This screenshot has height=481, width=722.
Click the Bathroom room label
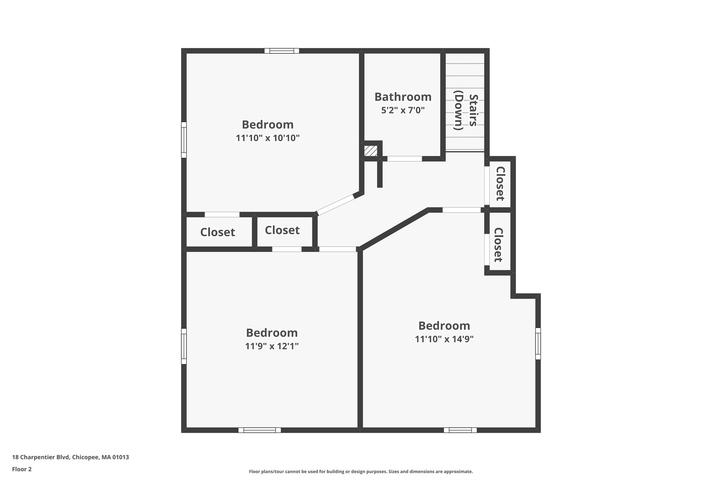point(403,97)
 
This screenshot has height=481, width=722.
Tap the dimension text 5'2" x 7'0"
point(403,110)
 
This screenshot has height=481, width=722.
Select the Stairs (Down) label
point(465,110)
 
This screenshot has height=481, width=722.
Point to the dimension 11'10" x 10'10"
point(268,138)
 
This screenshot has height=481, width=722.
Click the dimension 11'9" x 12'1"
point(272,346)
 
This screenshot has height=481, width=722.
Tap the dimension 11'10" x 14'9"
point(444,339)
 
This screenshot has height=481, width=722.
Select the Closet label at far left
point(218,232)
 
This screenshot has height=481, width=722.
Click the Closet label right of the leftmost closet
point(282,230)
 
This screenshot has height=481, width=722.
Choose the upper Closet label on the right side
point(500,184)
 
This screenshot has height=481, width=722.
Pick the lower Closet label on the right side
point(498,245)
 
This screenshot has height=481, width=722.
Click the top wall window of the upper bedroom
point(282,51)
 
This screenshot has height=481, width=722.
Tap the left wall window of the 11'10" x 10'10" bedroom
point(184,140)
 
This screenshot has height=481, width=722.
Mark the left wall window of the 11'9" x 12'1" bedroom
point(184,346)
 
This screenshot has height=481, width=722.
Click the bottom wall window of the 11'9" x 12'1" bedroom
point(259,430)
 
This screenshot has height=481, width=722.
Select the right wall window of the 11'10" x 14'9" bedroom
point(538,344)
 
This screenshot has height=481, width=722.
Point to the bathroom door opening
point(404,159)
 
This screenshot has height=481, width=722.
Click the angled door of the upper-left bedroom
point(336,204)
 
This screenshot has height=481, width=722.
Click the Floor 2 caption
point(22,469)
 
